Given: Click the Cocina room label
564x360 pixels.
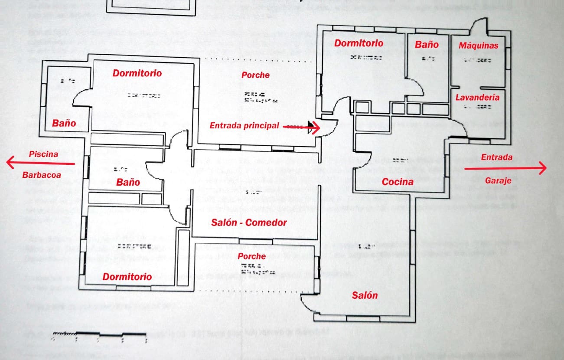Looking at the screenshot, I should pyautogui.click(x=397, y=182).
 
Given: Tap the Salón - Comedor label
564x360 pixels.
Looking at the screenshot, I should pyautogui.click(x=249, y=223).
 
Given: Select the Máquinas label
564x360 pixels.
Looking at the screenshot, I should pyautogui.click(x=479, y=46).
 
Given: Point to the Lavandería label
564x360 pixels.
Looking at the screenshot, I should pyautogui.click(x=477, y=98).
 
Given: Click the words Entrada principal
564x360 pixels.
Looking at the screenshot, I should pyautogui.click(x=244, y=126).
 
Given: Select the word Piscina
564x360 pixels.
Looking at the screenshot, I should pyautogui.click(x=43, y=154).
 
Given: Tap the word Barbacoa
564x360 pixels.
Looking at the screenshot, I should pyautogui.click(x=42, y=175).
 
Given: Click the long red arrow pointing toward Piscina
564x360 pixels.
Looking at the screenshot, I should pyautogui.click(x=41, y=164).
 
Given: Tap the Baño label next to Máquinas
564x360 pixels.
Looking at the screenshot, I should pyautogui.click(x=427, y=44).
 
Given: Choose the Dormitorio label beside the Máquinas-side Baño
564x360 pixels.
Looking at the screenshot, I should pyautogui.click(x=359, y=43).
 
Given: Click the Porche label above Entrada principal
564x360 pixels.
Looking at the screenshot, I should pyautogui.click(x=255, y=75).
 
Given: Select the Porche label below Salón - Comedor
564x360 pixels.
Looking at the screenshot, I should pyautogui.click(x=251, y=256).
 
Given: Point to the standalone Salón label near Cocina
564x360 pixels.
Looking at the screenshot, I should pyautogui.click(x=364, y=295).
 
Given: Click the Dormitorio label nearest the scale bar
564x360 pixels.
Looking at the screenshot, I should pyautogui.click(x=127, y=277).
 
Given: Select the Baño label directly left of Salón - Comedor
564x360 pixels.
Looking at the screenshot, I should pyautogui.click(x=128, y=182).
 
